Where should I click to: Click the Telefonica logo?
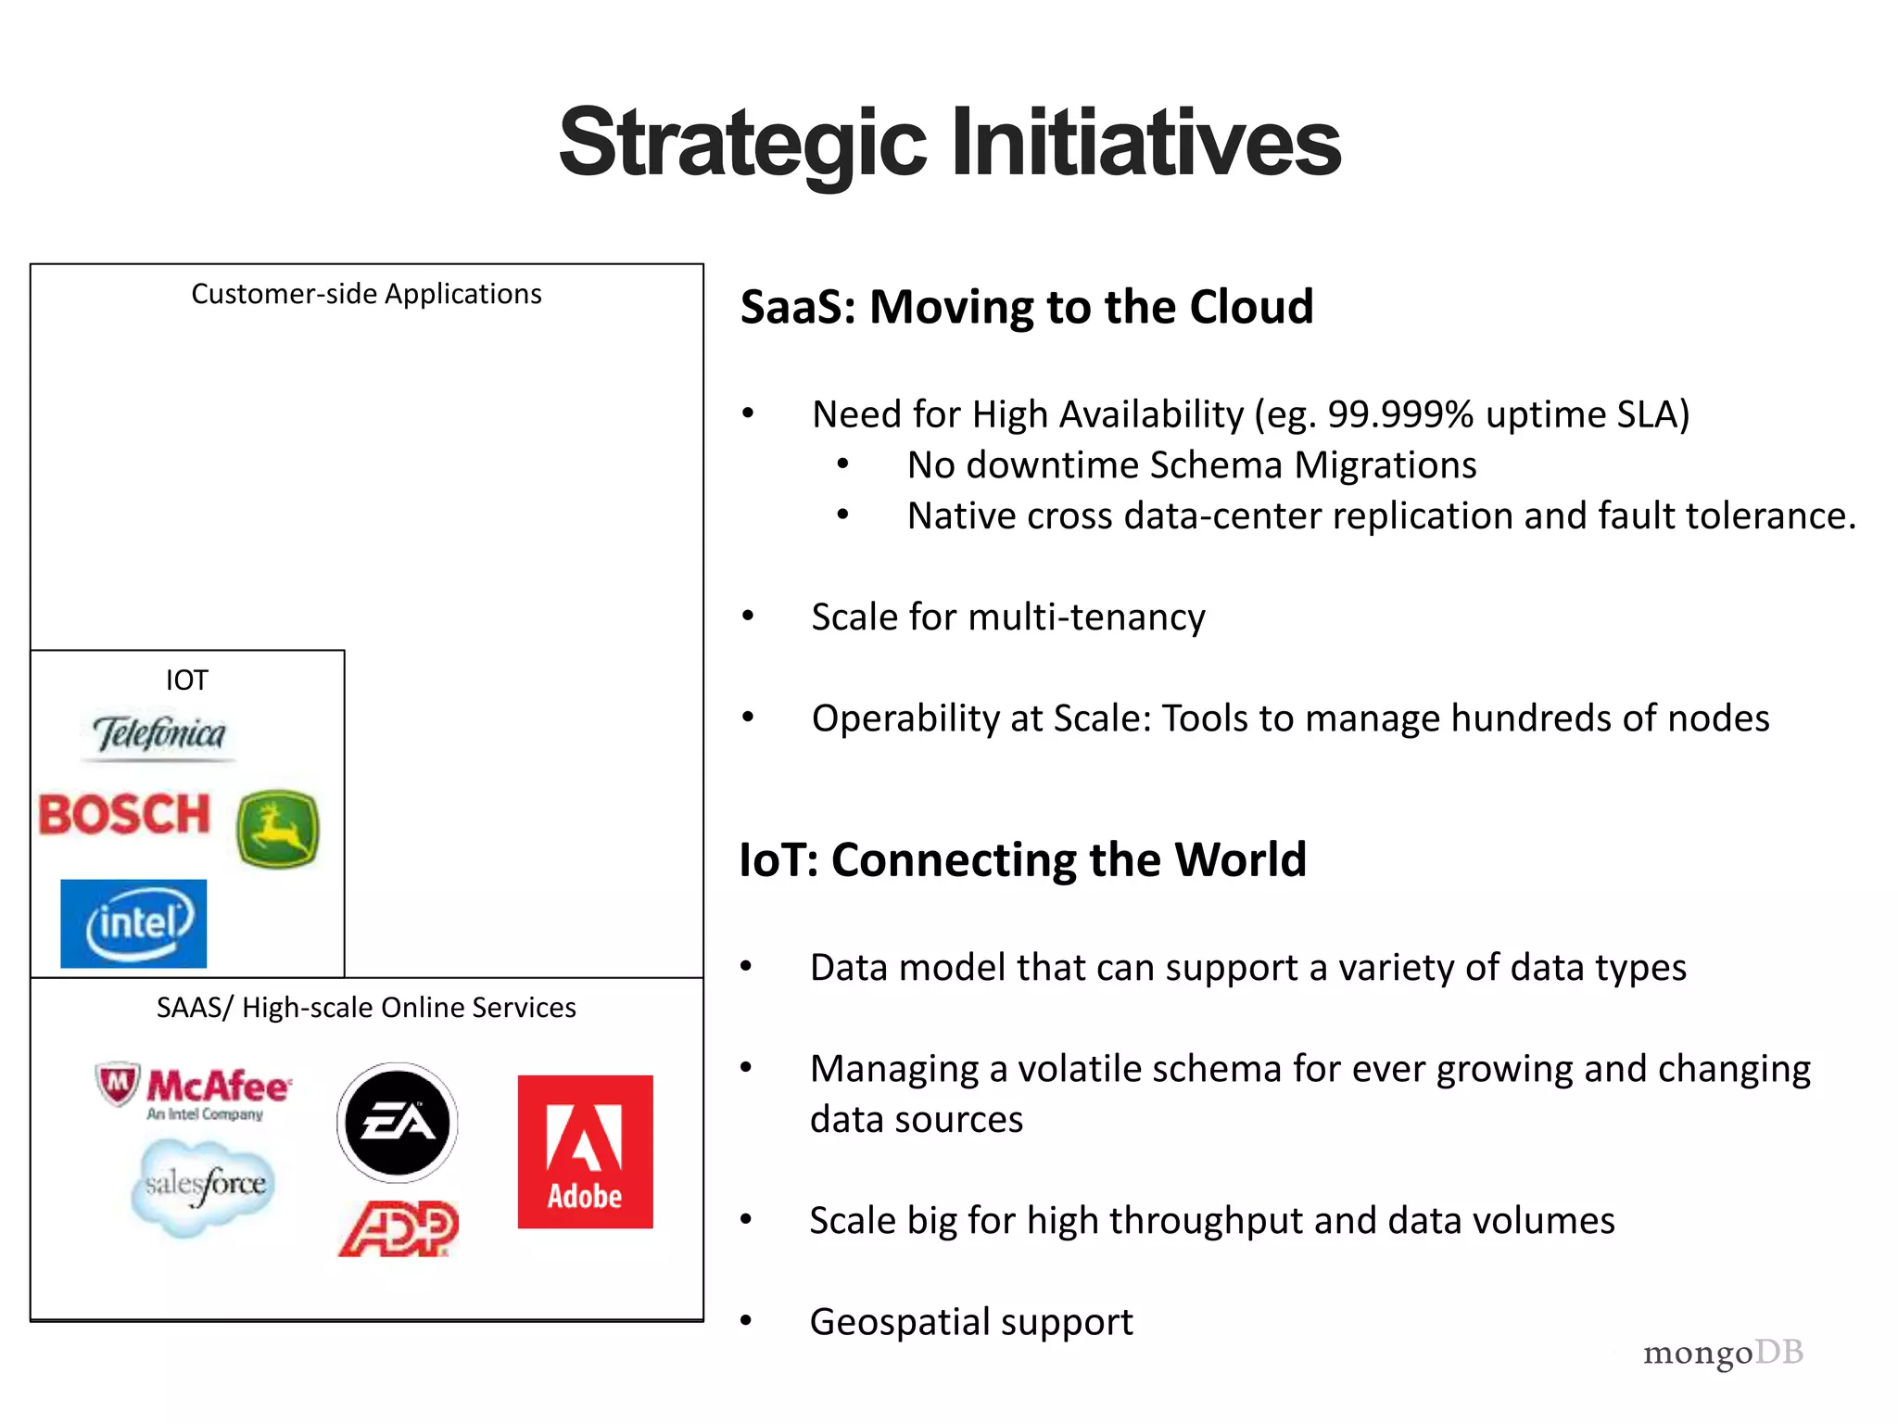[159, 735]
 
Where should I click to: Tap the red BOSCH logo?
[125, 815]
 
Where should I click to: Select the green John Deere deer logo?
[277, 828]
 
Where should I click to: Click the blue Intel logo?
[133, 923]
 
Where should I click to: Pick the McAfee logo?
[195, 1089]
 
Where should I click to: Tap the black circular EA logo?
[398, 1123]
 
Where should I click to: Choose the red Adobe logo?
[585, 1151]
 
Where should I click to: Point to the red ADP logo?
[399, 1228]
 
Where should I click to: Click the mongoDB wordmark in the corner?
[1723, 1353]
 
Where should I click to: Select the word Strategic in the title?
[742, 144]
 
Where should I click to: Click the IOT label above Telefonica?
[186, 680]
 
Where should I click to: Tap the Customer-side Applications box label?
[366, 294]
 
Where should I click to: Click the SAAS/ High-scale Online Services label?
[366, 1008]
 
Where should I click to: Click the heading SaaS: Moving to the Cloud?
[1027, 307]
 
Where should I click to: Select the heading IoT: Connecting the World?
[1022, 859]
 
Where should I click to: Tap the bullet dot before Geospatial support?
[746, 1321]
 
